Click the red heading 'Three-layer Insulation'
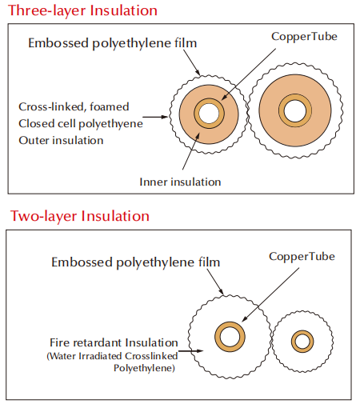pyautogui.click(x=82, y=10)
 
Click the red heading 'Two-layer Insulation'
pyautogui.click(x=80, y=216)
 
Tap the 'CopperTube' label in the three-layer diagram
pyautogui.click(x=304, y=37)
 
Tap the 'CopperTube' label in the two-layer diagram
pyautogui.click(x=302, y=257)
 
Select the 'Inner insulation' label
pyautogui.click(x=180, y=182)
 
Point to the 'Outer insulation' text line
pyautogui.click(x=61, y=140)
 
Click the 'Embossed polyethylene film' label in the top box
pyautogui.click(x=113, y=43)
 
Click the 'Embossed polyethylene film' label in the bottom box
pyautogui.click(x=136, y=262)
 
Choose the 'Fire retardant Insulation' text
pyautogui.click(x=114, y=342)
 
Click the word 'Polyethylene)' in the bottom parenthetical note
pyautogui.click(x=144, y=368)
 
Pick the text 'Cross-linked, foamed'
pyautogui.click(x=74, y=106)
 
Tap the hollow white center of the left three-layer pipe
pyautogui.click(x=209, y=113)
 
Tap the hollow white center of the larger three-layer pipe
pyautogui.click(x=295, y=110)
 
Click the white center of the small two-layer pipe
pyautogui.click(x=302, y=342)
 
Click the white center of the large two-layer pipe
pyautogui.click(x=230, y=337)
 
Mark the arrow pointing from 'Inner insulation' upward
pyautogui.click(x=191, y=150)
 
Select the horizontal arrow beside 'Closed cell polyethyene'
pyautogui.click(x=155, y=117)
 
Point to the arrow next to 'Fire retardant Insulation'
pyautogui.click(x=191, y=351)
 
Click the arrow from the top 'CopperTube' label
pyautogui.click(x=249, y=74)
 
